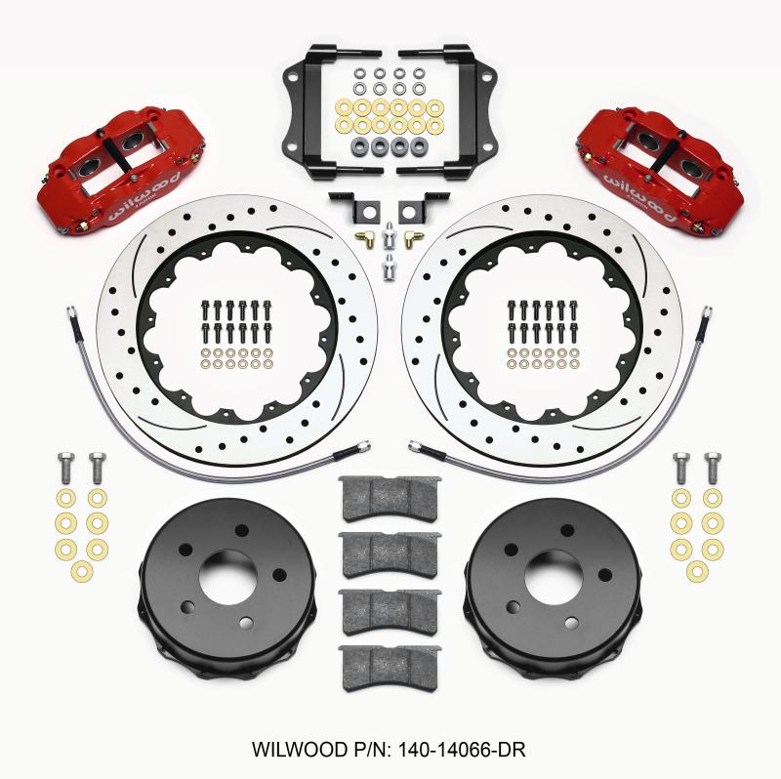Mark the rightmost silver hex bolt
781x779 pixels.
[x=714, y=468]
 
